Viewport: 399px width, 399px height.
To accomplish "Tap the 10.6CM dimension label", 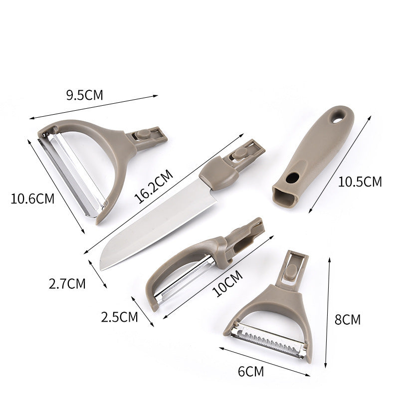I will click(x=32, y=199).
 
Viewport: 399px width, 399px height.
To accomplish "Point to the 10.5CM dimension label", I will click(x=360, y=182).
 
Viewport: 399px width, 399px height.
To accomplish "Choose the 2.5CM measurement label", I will click(x=119, y=316).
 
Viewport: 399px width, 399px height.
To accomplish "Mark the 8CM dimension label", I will click(x=347, y=319).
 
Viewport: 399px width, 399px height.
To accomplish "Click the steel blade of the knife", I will click(x=150, y=224).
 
